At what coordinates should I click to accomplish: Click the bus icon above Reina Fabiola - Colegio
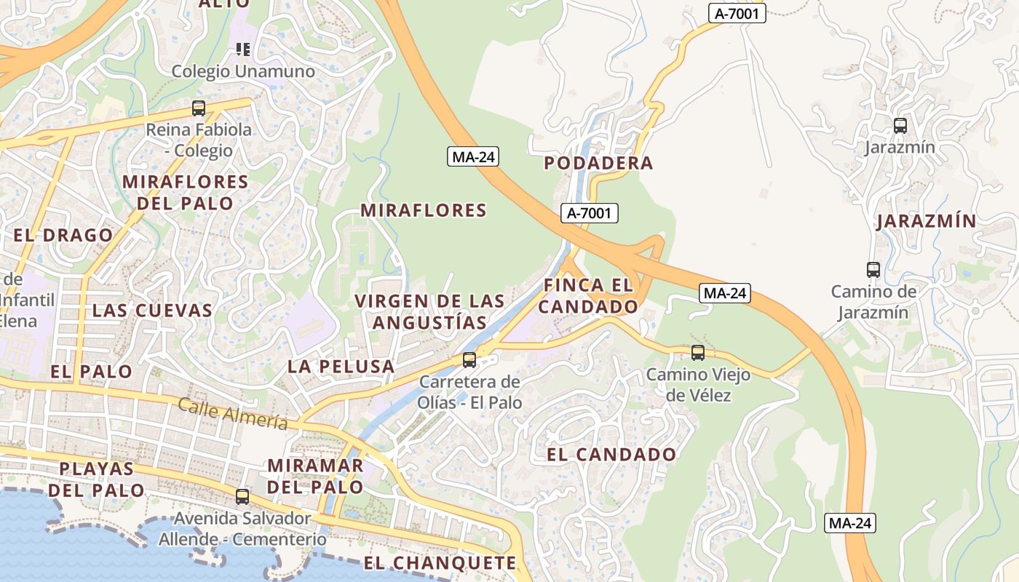(x=199, y=108)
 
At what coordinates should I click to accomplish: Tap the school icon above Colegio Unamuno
(x=243, y=49)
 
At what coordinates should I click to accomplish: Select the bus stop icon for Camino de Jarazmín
(x=873, y=270)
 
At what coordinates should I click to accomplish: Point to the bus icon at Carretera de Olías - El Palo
(x=469, y=360)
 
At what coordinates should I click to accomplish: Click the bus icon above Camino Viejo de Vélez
(x=698, y=353)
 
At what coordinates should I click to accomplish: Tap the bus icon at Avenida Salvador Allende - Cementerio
(x=242, y=497)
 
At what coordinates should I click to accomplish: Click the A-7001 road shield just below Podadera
(x=590, y=213)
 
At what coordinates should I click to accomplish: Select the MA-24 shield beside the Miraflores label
(x=473, y=156)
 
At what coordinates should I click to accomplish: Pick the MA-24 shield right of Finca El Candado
(x=725, y=293)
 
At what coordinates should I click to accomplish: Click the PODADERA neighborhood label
(x=598, y=163)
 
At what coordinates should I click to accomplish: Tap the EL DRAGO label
(x=63, y=236)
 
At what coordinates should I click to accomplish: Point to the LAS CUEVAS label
(x=152, y=311)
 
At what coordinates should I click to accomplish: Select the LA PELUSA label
(x=341, y=367)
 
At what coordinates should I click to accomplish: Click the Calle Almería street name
(x=233, y=414)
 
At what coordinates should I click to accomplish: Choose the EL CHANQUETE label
(x=440, y=563)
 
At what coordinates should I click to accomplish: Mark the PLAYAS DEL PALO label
(x=97, y=479)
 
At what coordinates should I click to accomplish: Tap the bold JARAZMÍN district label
(x=925, y=221)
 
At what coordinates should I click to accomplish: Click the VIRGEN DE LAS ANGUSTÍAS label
(x=429, y=311)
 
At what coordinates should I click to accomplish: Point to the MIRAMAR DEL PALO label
(x=315, y=476)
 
